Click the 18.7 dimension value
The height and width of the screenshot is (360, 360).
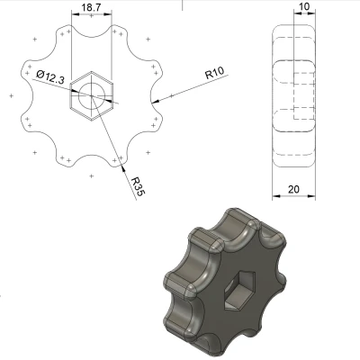click(91, 7)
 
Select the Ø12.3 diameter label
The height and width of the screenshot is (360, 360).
click(49, 78)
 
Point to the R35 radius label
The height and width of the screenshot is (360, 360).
click(136, 186)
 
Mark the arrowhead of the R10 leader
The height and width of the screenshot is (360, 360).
click(158, 95)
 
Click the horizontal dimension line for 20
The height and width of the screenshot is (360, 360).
click(292, 196)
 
